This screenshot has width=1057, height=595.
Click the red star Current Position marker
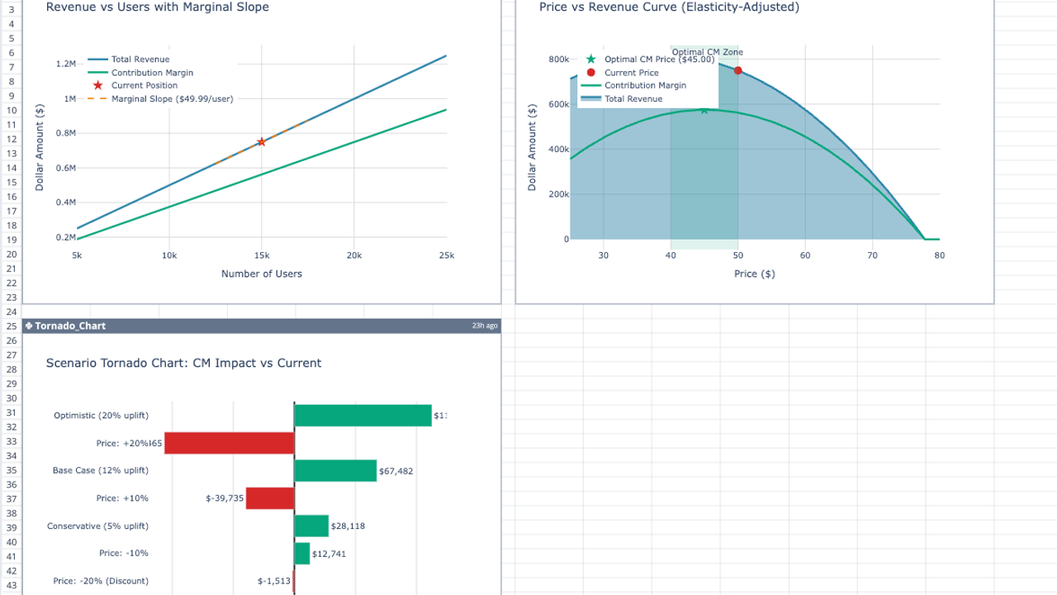pyautogui.click(x=261, y=142)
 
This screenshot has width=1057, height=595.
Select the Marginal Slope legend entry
pyautogui.click(x=172, y=99)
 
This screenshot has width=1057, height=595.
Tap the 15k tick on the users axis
pyautogui.click(x=261, y=256)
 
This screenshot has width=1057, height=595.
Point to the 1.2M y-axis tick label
pyautogui.click(x=66, y=64)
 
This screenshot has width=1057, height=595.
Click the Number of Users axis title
pyautogui.click(x=261, y=274)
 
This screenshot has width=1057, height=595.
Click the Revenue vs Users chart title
pyautogui.click(x=157, y=7)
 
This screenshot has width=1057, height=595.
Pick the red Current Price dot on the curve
pyautogui.click(x=737, y=70)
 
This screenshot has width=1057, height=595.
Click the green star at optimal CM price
pyautogui.click(x=704, y=110)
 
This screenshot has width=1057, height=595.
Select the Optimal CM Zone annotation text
pyautogui.click(x=713, y=52)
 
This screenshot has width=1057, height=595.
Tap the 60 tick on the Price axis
pyautogui.click(x=805, y=256)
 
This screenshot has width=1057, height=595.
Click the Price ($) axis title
pyautogui.click(x=754, y=274)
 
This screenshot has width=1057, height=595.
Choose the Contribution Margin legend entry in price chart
pyautogui.click(x=644, y=86)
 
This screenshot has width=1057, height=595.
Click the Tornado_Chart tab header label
pyautogui.click(x=70, y=326)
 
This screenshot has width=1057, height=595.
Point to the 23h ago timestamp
pyautogui.click(x=485, y=326)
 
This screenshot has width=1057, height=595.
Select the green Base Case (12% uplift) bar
pyautogui.click(x=334, y=471)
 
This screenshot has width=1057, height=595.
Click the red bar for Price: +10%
pyautogui.click(x=270, y=498)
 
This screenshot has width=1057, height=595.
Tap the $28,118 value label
pyautogui.click(x=348, y=526)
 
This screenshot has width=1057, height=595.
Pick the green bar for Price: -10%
pyautogui.click(x=301, y=554)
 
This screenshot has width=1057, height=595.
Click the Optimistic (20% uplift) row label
pyautogui.click(x=101, y=415)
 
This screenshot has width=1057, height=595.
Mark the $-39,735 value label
pyautogui.click(x=225, y=498)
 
